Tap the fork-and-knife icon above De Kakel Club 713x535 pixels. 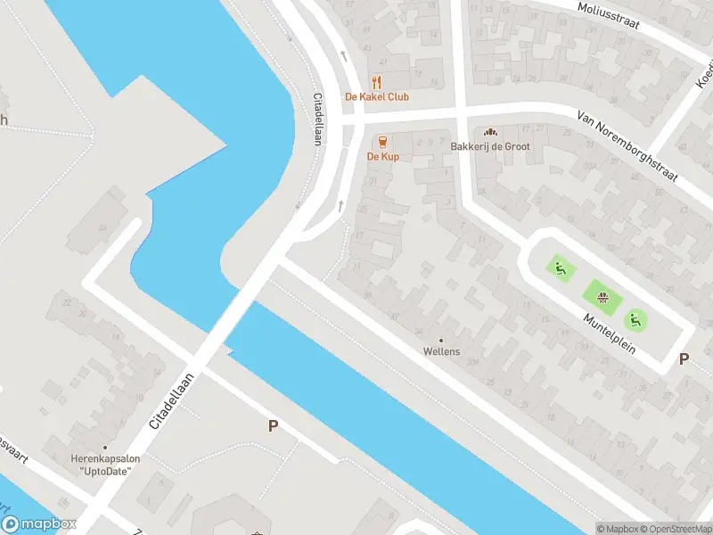pos(376,81)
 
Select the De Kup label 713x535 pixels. pos(383,157)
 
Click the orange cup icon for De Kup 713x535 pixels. pos(383,142)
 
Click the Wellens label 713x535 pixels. pos(441,351)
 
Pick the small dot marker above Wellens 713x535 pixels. pos(440,340)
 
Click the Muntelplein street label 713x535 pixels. pos(610,332)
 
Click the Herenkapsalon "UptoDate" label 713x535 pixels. pos(104,465)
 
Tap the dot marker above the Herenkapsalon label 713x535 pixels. pos(104,448)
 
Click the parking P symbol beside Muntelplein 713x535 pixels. pos(684,359)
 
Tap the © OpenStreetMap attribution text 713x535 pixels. pos(674,529)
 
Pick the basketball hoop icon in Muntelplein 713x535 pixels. pos(602,296)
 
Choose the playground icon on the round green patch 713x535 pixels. pos(635,318)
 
